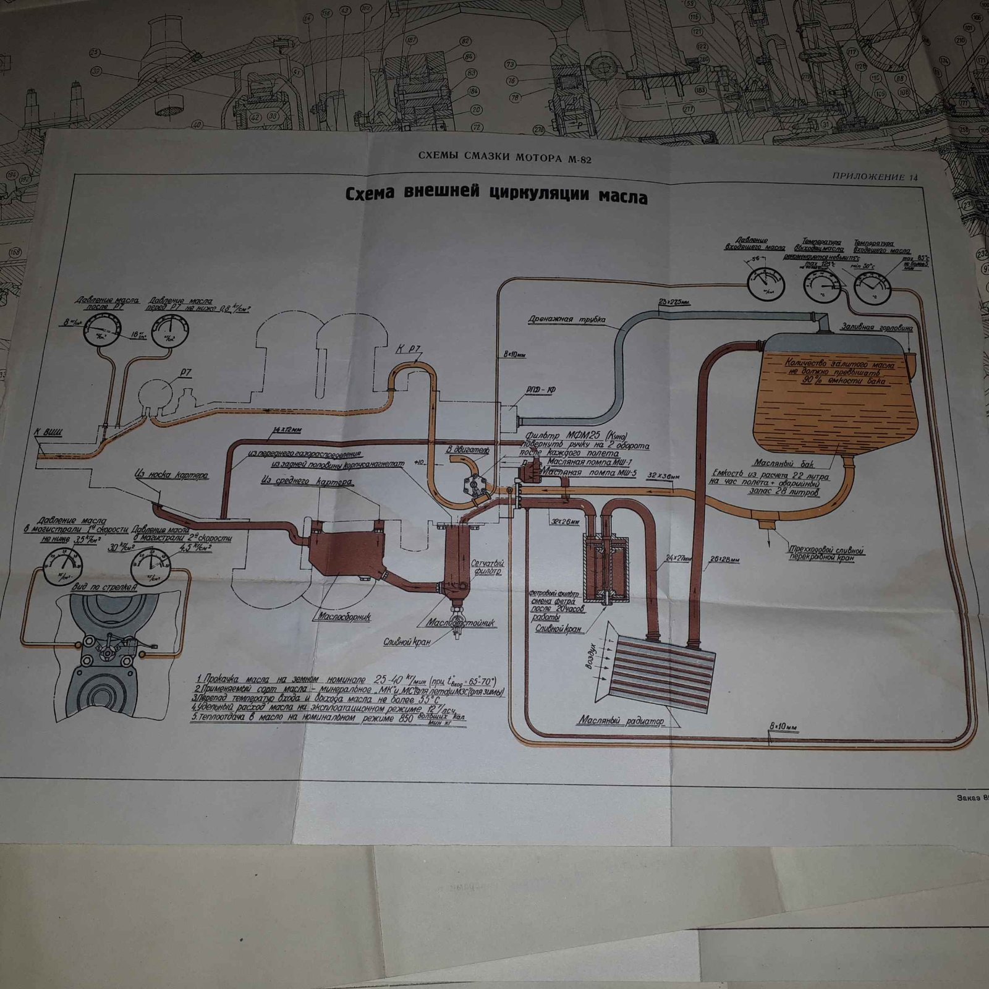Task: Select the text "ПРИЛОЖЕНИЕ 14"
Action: coord(875,177)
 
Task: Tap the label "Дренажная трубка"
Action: coord(566,320)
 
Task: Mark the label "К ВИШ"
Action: coord(52,431)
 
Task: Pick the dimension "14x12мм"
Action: coord(286,430)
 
